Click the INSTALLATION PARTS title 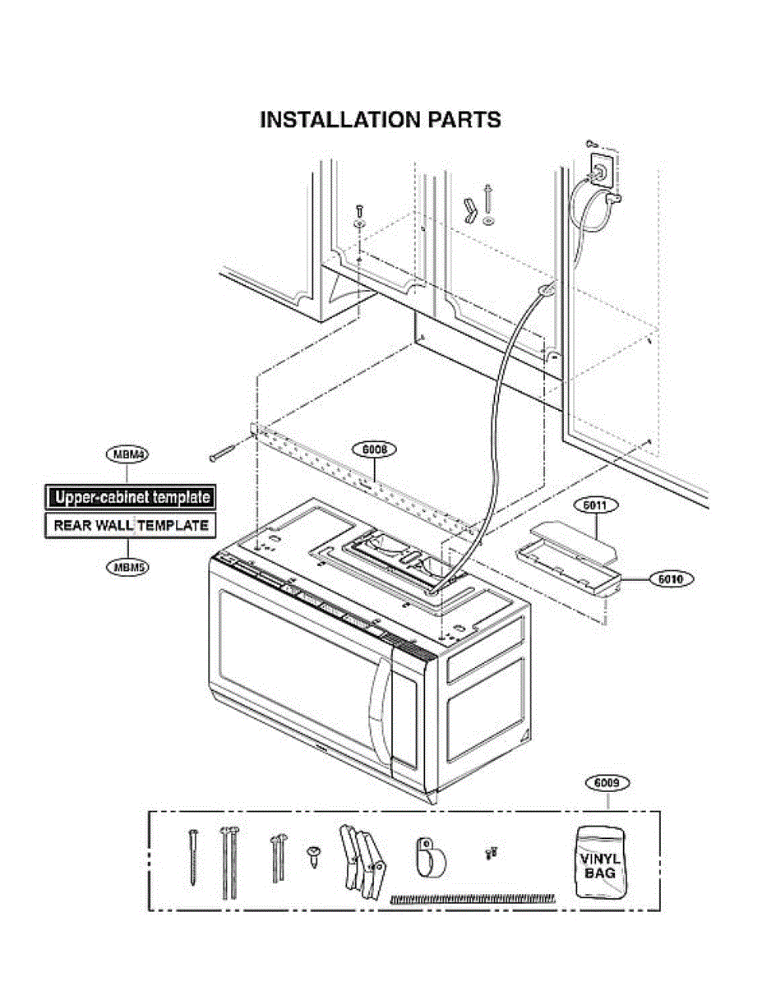click(x=380, y=120)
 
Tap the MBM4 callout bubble click(x=127, y=454)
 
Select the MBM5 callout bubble click(x=127, y=566)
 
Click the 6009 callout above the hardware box click(x=607, y=783)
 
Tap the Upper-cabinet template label click(x=130, y=497)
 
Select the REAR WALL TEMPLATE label click(x=130, y=525)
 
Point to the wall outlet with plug click(x=601, y=169)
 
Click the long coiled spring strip click(x=472, y=898)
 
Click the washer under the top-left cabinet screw click(x=360, y=223)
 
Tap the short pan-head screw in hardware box click(x=313, y=855)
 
